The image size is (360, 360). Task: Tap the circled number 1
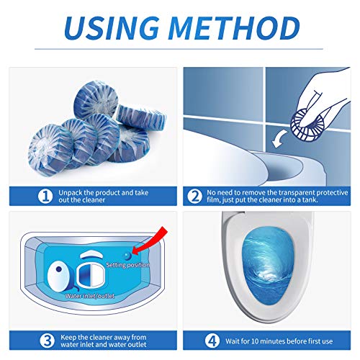(x=45, y=197)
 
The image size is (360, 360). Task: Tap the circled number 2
(x=194, y=197)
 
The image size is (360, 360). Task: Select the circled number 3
(x=47, y=341)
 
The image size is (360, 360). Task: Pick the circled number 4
(x=212, y=341)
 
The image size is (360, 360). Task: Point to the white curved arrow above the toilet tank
(x=279, y=139)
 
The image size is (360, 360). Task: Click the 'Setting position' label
(x=127, y=265)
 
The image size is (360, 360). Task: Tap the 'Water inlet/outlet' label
(x=90, y=296)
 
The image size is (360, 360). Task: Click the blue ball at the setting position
(x=127, y=256)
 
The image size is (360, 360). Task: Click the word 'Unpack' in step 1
(x=71, y=193)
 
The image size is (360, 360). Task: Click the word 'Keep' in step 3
(x=68, y=338)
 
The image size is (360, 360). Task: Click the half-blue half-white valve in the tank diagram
(x=91, y=276)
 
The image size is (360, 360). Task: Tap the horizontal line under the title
(x=179, y=49)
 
